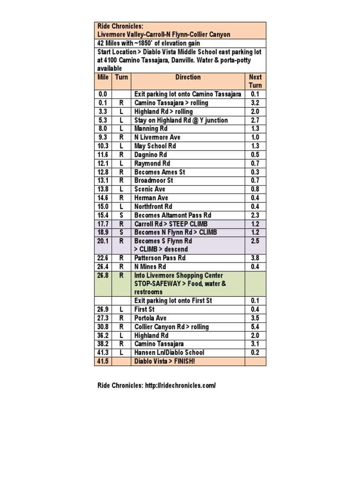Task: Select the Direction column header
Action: click(188, 77)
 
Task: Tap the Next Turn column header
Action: click(255, 81)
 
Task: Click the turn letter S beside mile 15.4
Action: click(121, 215)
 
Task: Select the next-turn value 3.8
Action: click(255, 258)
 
